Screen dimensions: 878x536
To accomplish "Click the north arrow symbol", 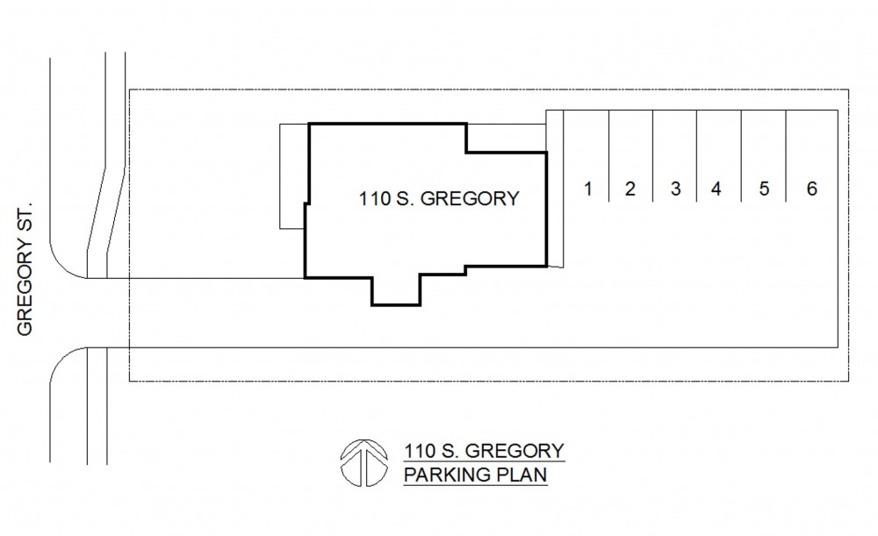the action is pos(364,462).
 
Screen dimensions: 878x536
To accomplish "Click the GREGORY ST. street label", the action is pos(25,269).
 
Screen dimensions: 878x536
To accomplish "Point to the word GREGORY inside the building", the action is pos(470,198).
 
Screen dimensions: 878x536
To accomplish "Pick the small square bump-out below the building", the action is pos(396,291).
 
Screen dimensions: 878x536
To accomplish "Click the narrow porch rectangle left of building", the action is pos(293,176).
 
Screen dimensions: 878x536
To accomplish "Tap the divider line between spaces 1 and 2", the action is pos(608,155).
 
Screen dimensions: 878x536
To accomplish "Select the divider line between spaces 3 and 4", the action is pos(696,155).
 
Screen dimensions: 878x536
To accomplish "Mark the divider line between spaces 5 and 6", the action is pos(786,155).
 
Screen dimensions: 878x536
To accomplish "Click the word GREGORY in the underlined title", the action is pos(515,451).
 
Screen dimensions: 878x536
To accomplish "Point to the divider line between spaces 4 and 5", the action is pos(741,155).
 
